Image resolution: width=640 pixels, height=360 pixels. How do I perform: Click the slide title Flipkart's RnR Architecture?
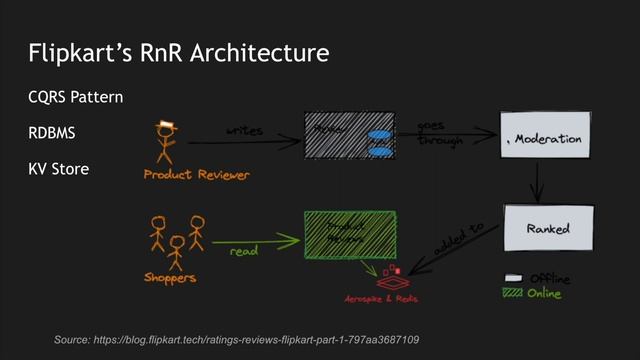pyautogui.click(x=178, y=52)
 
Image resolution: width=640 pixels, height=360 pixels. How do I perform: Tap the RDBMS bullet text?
pyautogui.click(x=53, y=133)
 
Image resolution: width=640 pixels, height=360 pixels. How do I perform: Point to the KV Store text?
pyautogui.click(x=59, y=169)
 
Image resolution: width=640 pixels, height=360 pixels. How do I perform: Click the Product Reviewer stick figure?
pyautogui.click(x=165, y=142)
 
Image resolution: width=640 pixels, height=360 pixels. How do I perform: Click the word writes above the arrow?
pyautogui.click(x=244, y=130)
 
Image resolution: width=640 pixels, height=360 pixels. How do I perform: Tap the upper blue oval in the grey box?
pyautogui.click(x=380, y=134)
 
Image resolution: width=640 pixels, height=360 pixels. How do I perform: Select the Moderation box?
pyautogui.click(x=543, y=139)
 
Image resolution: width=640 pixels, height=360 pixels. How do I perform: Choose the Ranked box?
pyautogui.click(x=548, y=229)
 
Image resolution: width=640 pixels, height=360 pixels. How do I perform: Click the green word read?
pyautogui.click(x=244, y=252)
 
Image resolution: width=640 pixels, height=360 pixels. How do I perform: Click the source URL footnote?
pyautogui.click(x=237, y=341)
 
